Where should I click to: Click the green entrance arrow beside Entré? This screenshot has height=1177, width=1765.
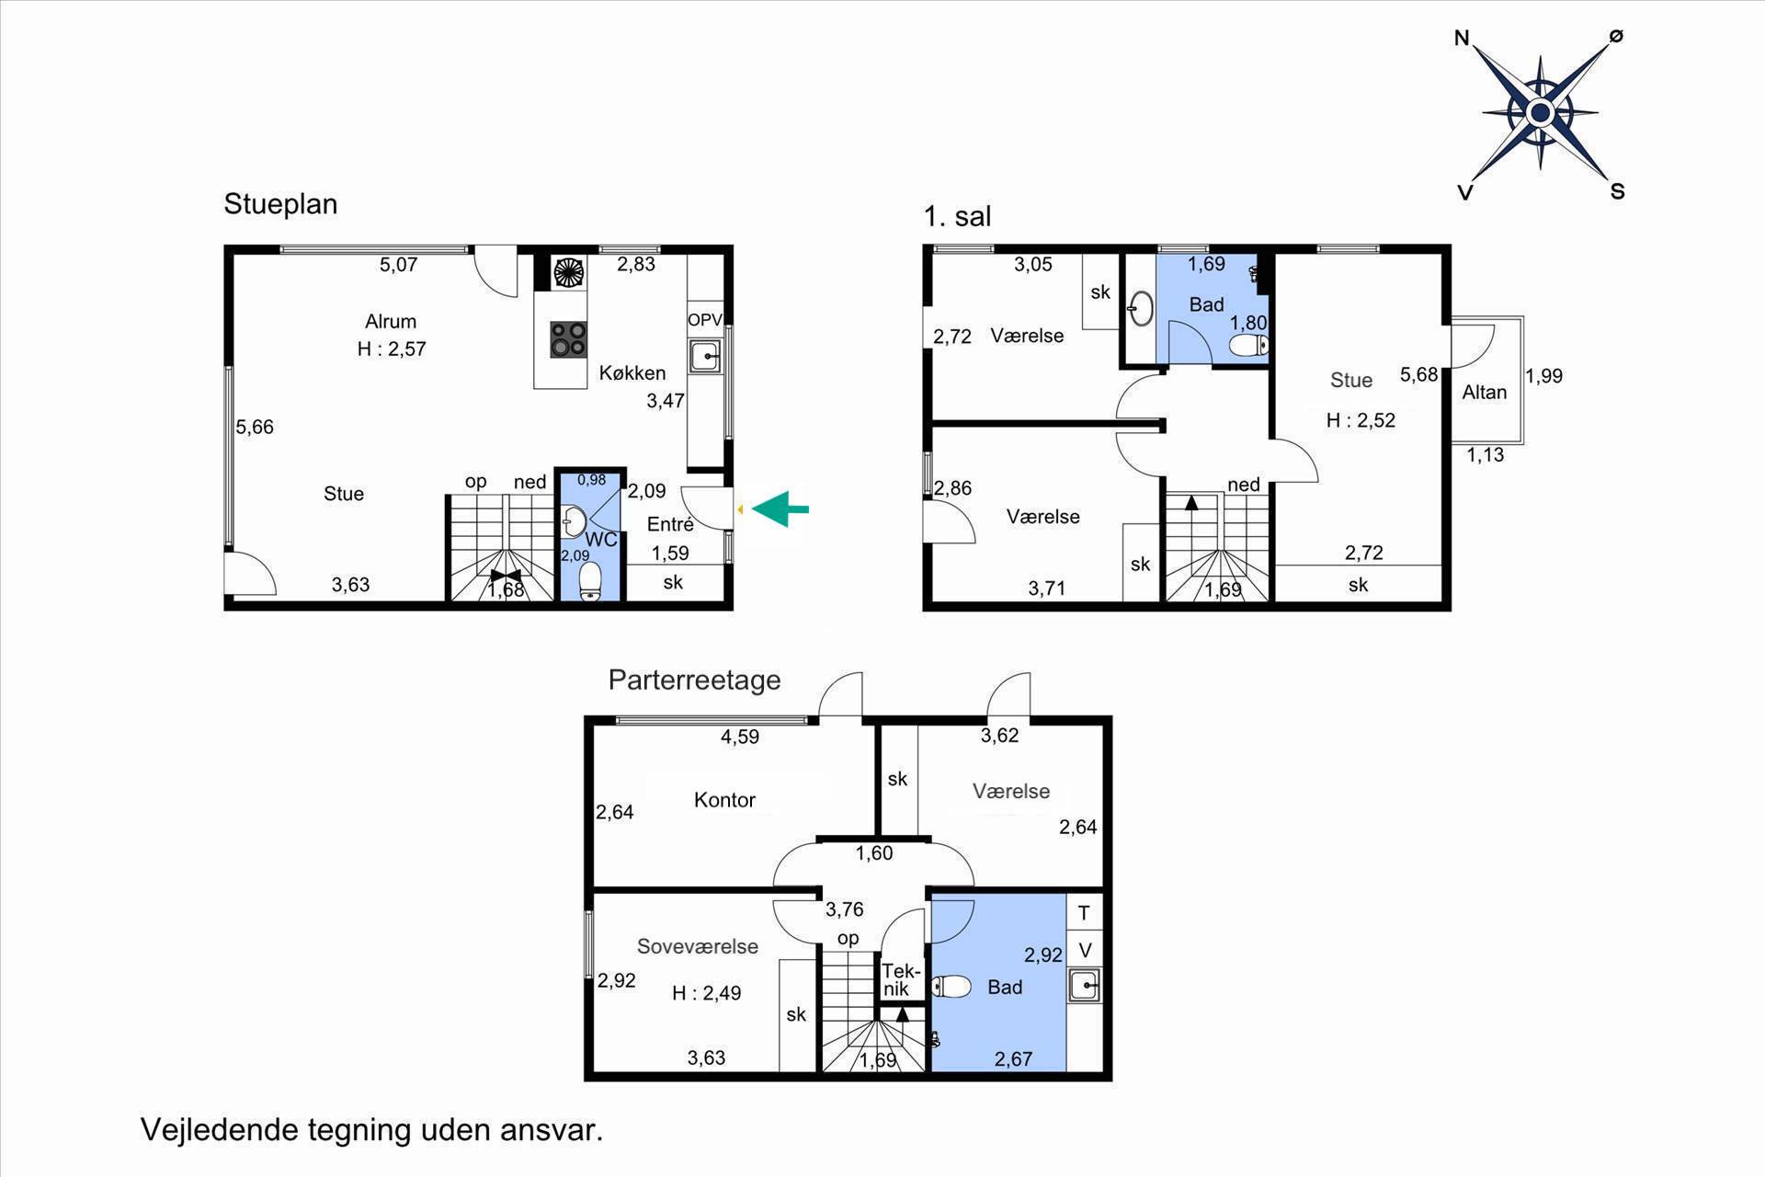pos(780,509)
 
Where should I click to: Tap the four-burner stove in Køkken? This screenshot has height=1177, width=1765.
pos(568,338)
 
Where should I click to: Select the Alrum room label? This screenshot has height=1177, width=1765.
pos(391,321)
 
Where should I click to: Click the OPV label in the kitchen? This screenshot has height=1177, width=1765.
pos(705,320)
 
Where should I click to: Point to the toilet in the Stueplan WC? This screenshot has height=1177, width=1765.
pos(590,581)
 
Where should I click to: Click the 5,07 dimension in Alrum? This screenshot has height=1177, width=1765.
pos(399,265)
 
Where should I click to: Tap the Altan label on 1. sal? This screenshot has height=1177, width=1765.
pos(1485,392)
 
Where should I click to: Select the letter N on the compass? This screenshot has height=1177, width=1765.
pos(1462,38)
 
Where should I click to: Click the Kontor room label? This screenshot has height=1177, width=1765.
pos(724,800)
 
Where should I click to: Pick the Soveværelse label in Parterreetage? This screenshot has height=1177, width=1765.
pos(698,946)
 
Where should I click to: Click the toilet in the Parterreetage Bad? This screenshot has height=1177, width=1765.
pos(951,987)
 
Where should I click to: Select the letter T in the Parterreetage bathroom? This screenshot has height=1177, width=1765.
pos(1084,913)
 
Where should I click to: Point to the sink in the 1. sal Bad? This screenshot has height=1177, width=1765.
pos(1140,308)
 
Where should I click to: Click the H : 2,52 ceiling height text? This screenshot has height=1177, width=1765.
pos(1361,420)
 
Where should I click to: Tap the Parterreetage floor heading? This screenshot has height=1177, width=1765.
pos(694,680)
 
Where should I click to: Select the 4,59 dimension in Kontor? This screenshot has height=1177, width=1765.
pos(740,737)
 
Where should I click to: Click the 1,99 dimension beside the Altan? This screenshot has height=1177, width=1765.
pos(1543,375)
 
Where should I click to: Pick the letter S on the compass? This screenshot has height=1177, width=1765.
pos(1617,191)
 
